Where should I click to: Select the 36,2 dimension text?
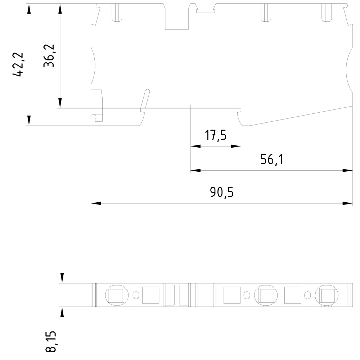49,56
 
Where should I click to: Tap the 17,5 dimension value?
216,135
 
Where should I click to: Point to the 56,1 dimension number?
272,159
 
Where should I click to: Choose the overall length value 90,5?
222,193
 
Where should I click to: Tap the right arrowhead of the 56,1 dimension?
348,170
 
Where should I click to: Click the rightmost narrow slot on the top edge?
327,13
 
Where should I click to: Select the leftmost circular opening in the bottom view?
116,295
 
